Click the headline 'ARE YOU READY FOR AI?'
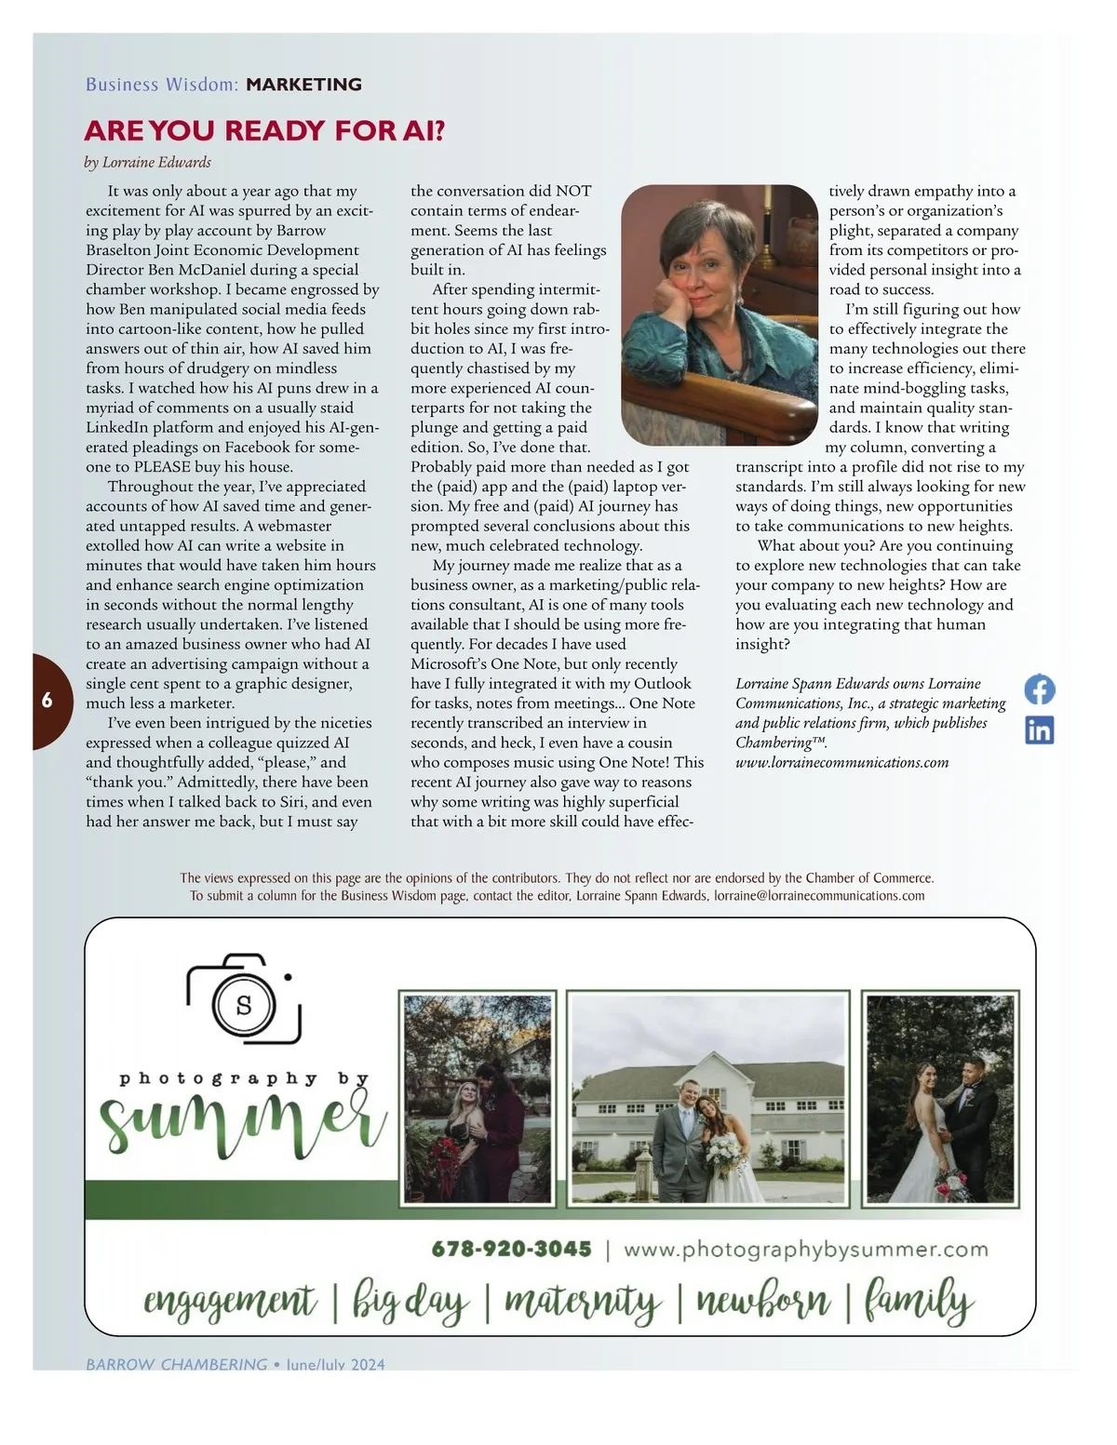[265, 130]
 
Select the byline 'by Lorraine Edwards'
[148, 163]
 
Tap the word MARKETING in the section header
[303, 85]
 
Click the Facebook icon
[1039, 689]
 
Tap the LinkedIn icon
[1039, 730]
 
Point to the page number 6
[47, 701]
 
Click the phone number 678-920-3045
[511, 1249]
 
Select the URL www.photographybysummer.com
[805, 1249]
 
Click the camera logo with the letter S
[245, 1000]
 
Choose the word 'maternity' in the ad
[583, 1302]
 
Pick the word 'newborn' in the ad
[762, 1302]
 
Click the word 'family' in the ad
[918, 1302]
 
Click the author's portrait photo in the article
[720, 314]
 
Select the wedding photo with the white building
[707, 1100]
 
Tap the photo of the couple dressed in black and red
[478, 1100]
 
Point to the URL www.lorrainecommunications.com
[841, 763]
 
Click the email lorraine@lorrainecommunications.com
[819, 896]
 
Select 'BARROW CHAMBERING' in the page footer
[177, 1364]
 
